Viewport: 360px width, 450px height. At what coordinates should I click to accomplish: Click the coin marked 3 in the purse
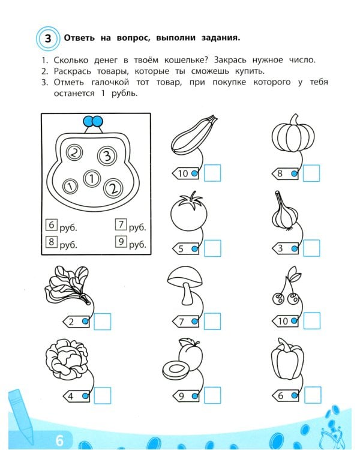click(106, 156)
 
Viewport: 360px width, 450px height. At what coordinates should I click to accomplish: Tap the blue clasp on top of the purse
click(92, 122)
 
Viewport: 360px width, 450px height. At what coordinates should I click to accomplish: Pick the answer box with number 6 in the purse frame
click(52, 226)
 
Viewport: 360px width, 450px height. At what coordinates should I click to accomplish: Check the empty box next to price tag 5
click(212, 248)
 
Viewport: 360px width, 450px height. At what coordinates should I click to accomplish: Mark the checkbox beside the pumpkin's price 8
click(311, 173)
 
